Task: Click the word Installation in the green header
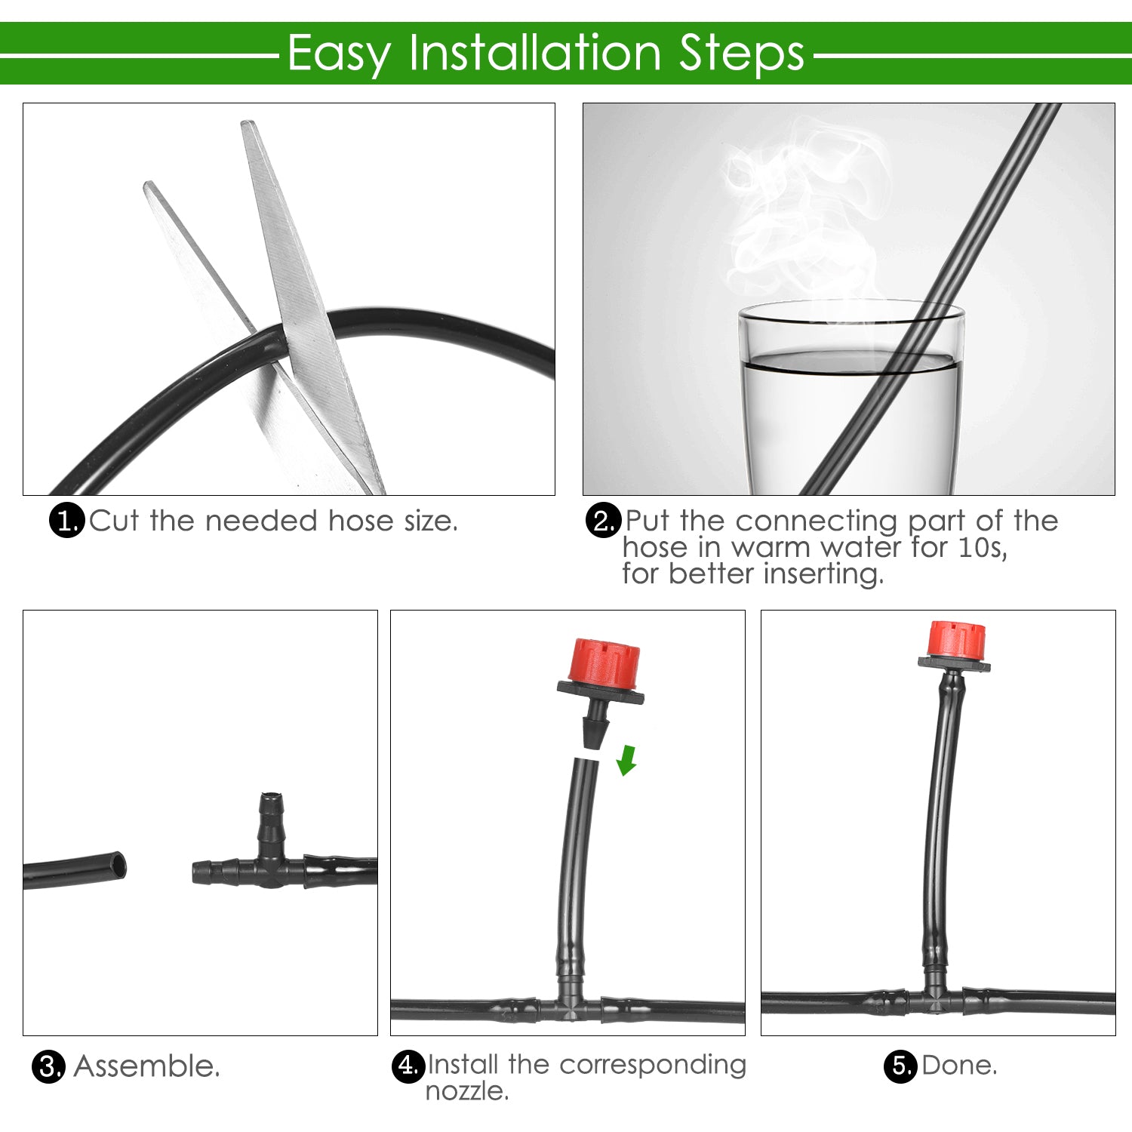[535, 53]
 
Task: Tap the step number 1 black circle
[66, 521]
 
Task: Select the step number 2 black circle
[603, 521]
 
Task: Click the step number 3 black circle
[48, 1067]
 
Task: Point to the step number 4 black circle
[408, 1066]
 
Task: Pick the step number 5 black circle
[900, 1066]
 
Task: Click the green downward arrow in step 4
[626, 760]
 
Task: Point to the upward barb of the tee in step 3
[270, 819]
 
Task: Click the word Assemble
[147, 1067]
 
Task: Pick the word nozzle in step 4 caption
[466, 1091]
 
